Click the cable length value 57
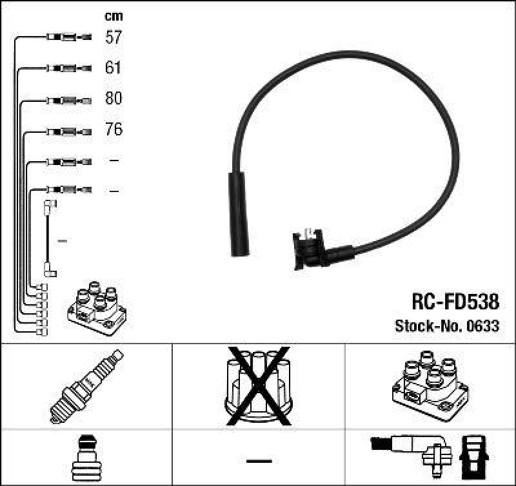(x=114, y=37)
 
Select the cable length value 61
(x=114, y=68)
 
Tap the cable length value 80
(x=114, y=99)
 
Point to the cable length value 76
(x=114, y=130)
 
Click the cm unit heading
(x=114, y=16)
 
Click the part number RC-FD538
(x=455, y=302)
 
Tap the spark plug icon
(x=86, y=386)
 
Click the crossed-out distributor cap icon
(x=258, y=385)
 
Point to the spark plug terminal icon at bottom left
(x=86, y=457)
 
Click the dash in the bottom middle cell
(x=259, y=461)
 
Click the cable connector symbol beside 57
(x=68, y=37)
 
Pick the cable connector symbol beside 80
(x=68, y=100)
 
